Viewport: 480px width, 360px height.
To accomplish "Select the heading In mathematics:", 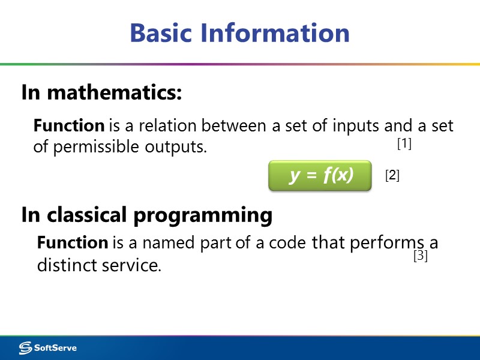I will pos(101,93).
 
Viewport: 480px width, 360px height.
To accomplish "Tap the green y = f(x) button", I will pos(320,175).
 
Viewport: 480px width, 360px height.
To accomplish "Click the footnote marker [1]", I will pos(404,144).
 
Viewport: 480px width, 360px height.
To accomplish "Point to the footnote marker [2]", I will pos(392,176).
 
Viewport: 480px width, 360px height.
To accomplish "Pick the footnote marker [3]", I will pos(420,256).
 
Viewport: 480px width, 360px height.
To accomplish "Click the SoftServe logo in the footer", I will pos(48,347).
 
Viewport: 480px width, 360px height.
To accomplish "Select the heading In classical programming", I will pos(147,215).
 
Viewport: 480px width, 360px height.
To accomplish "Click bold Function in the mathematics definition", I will pos(69,126).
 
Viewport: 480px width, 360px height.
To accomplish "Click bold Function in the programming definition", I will pos(72,243).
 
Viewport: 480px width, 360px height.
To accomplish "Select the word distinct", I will pos(63,265).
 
